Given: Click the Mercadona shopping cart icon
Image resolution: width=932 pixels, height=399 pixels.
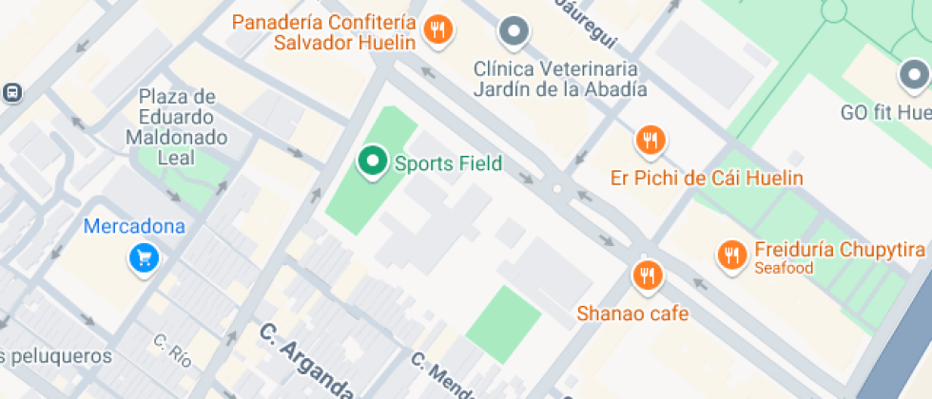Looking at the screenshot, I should point(144,256).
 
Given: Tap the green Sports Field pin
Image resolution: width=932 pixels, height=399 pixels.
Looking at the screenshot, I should point(372,161).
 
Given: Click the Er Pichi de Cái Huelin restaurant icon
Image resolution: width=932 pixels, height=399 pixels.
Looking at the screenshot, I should point(650,142).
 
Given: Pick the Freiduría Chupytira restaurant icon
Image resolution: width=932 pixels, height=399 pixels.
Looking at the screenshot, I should point(730,254).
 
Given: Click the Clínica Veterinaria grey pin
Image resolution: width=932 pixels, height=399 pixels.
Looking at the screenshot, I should point(515,32).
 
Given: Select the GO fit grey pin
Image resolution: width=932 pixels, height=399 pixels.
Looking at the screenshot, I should point(915,75).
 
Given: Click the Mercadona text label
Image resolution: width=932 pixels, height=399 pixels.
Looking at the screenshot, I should point(134,227).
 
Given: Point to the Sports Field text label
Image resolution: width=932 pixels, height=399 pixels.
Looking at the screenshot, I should point(449,163).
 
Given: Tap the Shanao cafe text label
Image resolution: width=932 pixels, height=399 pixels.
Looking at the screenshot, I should point(632,313).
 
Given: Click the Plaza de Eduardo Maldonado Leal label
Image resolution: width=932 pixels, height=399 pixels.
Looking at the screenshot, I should point(177,126).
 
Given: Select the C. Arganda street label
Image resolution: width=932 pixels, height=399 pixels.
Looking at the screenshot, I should point(306,360).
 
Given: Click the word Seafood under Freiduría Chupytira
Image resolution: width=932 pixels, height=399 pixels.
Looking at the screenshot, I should point(784,269).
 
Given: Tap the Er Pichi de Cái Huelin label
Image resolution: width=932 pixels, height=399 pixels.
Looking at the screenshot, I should point(707,178).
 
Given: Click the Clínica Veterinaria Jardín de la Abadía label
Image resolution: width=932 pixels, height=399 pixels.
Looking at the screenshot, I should point(560,80).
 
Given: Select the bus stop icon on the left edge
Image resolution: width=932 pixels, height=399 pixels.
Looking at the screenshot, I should point(12,93).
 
